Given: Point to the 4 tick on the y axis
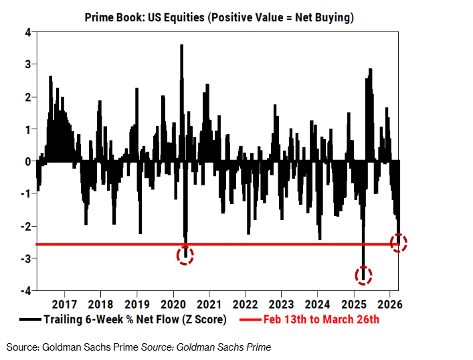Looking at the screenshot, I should click(x=28, y=32).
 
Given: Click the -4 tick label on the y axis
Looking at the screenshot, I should click(x=26, y=291).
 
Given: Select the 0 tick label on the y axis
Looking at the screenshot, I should click(x=28, y=161).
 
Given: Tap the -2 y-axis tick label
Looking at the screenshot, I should click(x=26, y=226).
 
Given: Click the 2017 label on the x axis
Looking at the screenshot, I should click(x=64, y=304).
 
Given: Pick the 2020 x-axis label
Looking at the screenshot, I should click(x=173, y=304).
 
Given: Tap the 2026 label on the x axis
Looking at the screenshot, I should click(x=389, y=304).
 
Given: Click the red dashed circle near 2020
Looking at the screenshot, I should click(x=185, y=254).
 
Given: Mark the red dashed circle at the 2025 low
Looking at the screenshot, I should click(x=364, y=274).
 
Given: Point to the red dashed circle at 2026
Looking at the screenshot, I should click(x=399, y=243).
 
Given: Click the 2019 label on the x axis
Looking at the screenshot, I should click(x=136, y=304).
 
